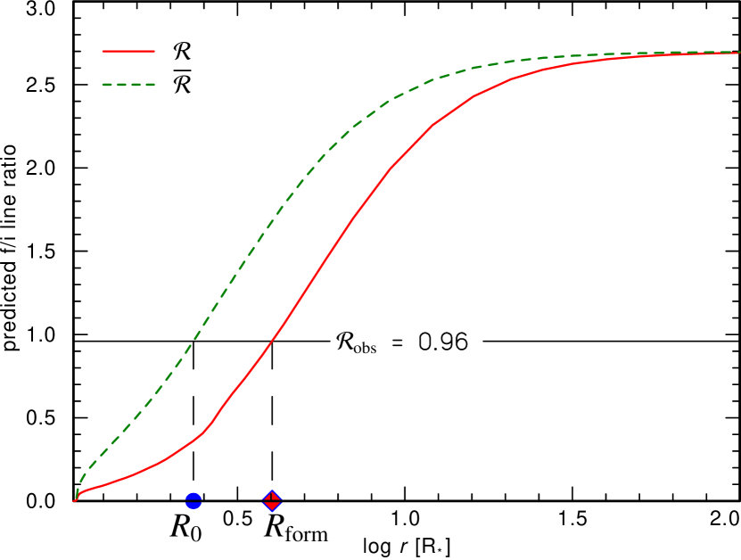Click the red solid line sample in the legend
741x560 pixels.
128,52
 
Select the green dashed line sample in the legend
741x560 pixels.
128,85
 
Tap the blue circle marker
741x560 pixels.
193,501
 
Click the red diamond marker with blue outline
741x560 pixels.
273,501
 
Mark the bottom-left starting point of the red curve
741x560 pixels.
74,500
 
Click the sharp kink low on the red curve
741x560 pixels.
211,424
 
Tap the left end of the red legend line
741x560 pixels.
103,52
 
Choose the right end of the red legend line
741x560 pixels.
154,52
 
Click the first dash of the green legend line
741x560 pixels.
107,85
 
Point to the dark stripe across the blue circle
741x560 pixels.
193,501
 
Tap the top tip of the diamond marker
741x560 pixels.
273,490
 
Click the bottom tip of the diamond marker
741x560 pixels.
273,513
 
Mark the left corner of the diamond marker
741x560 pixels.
262,501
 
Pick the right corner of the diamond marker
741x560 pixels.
284,501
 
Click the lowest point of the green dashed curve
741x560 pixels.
77,495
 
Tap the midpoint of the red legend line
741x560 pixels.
128,52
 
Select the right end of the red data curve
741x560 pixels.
739,54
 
